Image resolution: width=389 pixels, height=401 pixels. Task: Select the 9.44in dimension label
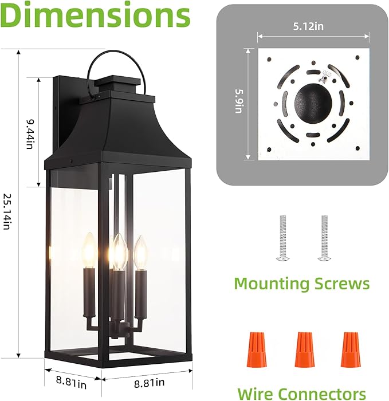[x=28, y=133]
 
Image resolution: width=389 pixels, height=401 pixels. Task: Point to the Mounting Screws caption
[x=302, y=284]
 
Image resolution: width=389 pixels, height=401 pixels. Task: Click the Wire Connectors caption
[x=302, y=394]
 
